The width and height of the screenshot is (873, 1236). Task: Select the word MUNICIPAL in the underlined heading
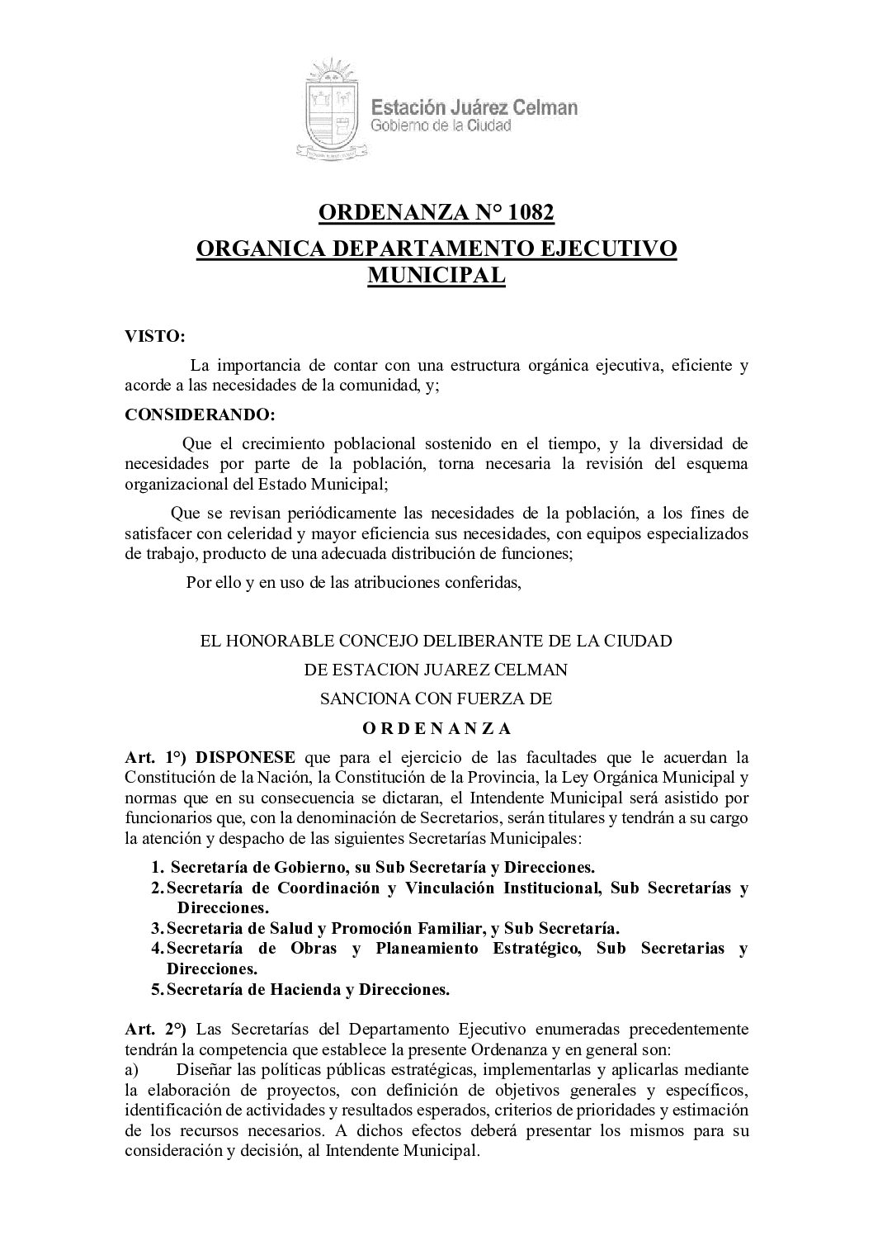pyautogui.click(x=436, y=275)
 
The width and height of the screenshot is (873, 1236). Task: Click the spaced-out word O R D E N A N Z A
pyautogui.click(x=436, y=728)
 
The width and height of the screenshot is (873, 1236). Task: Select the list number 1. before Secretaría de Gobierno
pyautogui.click(x=157, y=867)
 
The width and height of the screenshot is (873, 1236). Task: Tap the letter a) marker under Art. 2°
pyautogui.click(x=131, y=1070)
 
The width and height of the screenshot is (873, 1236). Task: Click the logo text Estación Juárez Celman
pyautogui.click(x=474, y=107)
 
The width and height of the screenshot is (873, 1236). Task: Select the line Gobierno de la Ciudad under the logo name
pyautogui.click(x=440, y=126)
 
